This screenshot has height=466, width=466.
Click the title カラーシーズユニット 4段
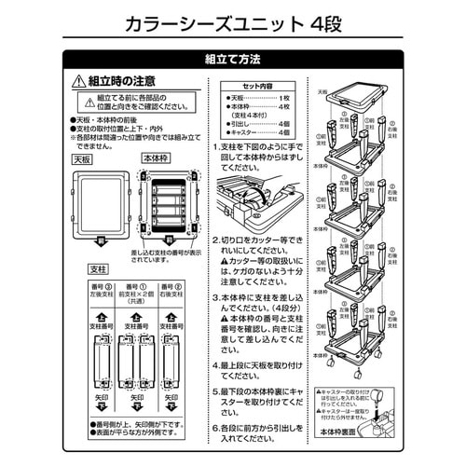[232, 21]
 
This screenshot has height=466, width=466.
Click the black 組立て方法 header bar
[232, 60]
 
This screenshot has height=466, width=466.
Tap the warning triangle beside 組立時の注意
[78, 82]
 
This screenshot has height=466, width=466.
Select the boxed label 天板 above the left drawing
[83, 158]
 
